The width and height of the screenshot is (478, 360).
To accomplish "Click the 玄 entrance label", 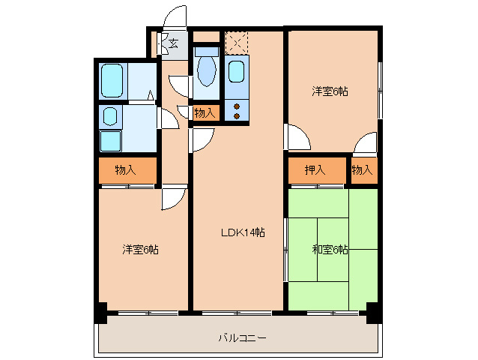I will click(173, 43).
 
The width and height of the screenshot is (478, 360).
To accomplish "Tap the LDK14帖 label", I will click(242, 232).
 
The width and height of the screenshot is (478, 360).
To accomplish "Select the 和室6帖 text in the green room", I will click(330, 249).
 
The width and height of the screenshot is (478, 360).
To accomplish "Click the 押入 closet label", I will click(315, 170).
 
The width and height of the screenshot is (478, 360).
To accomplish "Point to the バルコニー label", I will click(242, 338).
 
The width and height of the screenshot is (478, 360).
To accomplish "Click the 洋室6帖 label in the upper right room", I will click(330, 91).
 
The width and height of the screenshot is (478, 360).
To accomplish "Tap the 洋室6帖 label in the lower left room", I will click(140, 249).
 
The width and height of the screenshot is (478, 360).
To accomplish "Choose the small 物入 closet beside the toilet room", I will click(205, 113).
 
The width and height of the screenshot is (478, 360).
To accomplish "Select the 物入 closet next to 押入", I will click(362, 170).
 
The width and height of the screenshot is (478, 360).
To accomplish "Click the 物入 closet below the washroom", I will click(125, 170).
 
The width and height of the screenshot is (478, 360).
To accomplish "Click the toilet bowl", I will click(207, 72).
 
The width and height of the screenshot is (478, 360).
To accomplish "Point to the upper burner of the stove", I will click(237, 105).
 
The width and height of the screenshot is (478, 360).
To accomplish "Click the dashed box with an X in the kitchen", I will click(236, 42).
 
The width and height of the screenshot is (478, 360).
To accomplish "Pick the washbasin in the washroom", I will click(109, 116).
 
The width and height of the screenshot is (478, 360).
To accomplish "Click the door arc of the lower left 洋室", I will click(172, 198).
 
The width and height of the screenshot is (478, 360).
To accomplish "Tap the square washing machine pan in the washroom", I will click(110, 141).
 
